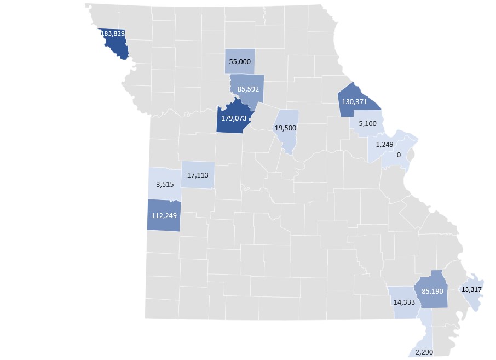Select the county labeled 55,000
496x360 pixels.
(x=240, y=61)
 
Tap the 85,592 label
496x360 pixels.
(x=248, y=88)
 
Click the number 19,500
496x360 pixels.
(x=285, y=128)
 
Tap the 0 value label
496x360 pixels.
(x=399, y=155)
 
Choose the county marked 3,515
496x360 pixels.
(x=164, y=184)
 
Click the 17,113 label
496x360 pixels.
(x=197, y=175)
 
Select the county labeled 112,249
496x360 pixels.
(x=164, y=215)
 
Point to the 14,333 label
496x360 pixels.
(x=404, y=301)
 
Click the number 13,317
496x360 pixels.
(x=472, y=289)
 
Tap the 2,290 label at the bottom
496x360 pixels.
(x=425, y=351)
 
